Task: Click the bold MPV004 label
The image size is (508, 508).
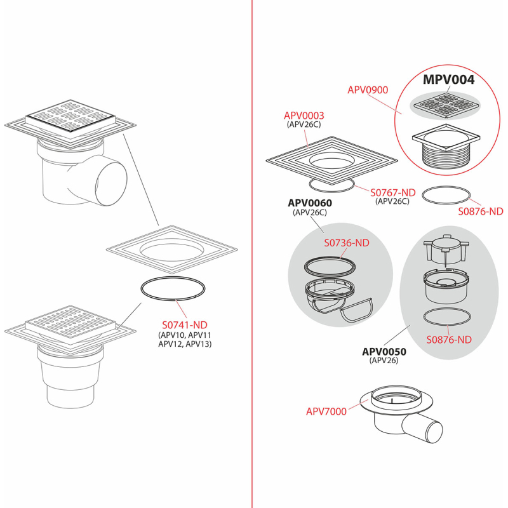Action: [449, 80]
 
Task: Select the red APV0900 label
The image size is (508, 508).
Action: [368, 90]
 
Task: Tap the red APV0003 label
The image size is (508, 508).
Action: [304, 116]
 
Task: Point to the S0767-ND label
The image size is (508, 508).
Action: [393, 192]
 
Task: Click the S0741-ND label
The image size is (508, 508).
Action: [185, 324]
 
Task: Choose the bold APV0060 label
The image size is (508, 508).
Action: [310, 203]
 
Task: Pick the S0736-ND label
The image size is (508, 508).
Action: [347, 243]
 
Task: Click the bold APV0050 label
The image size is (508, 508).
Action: [384, 352]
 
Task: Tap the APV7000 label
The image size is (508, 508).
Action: [326, 411]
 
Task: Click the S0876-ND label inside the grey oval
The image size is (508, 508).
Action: [449, 340]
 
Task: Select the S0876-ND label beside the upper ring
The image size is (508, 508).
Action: [481, 211]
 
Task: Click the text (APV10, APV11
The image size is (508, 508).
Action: [185, 335]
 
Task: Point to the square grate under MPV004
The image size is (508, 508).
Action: [446, 105]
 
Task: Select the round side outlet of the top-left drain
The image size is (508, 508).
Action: [112, 180]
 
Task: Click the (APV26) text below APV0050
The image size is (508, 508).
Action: [384, 360]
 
